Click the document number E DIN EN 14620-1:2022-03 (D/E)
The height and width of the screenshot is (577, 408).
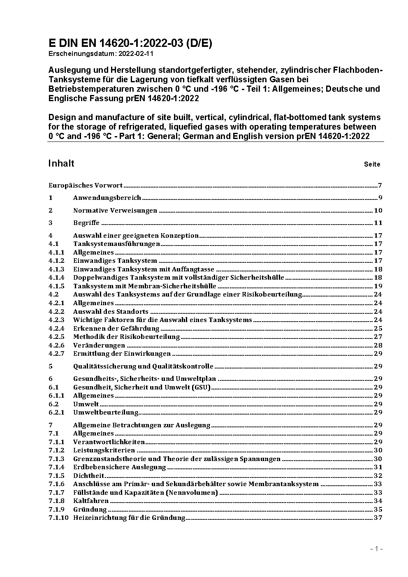130,43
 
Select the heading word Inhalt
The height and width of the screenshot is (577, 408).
61,163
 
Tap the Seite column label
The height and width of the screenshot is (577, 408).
372,164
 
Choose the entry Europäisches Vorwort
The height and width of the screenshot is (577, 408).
86,185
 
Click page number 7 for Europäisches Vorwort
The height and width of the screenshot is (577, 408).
380,185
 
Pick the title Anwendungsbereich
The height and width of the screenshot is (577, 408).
107,198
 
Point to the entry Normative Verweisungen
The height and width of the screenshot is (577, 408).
115,211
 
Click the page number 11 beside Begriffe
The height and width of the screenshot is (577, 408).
378,223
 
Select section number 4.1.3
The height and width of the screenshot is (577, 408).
56,269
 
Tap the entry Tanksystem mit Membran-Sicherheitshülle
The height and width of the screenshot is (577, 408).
144,286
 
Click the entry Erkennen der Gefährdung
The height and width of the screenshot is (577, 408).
116,328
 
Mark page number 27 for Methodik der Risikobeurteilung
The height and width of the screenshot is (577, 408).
378,336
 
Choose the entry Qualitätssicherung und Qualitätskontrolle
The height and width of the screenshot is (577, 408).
143,366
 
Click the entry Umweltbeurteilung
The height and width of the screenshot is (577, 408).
106,412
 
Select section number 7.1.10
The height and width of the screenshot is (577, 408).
58,517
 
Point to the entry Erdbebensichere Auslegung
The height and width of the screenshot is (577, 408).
119,467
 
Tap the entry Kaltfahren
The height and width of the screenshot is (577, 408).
91,501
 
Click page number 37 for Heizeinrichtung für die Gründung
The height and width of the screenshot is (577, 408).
378,517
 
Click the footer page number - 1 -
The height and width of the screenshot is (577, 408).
377,549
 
